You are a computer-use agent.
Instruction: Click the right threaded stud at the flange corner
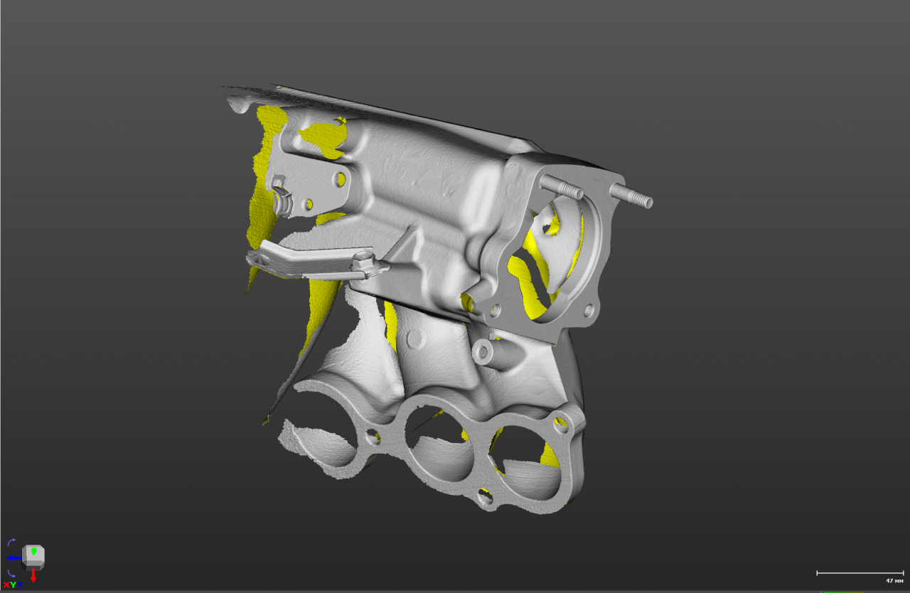tap(632, 196)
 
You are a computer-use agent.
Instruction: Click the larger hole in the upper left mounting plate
tap(341, 178)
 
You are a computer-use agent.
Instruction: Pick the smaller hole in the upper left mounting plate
tap(308, 205)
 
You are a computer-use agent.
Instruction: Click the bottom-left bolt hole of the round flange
tap(495, 310)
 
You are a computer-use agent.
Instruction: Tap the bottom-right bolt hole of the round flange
tap(588, 311)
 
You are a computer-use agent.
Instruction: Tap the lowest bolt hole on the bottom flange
tap(486, 496)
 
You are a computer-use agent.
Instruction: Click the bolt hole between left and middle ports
tap(371, 435)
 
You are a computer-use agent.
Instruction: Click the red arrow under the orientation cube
tap(33, 575)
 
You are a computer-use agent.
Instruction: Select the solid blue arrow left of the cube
tap(14, 558)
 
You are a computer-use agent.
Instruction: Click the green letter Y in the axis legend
tap(13, 584)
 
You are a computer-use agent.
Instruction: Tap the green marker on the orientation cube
tap(33, 552)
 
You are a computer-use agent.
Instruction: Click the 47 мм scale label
tap(894, 581)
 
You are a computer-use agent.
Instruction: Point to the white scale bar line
tap(860, 572)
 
